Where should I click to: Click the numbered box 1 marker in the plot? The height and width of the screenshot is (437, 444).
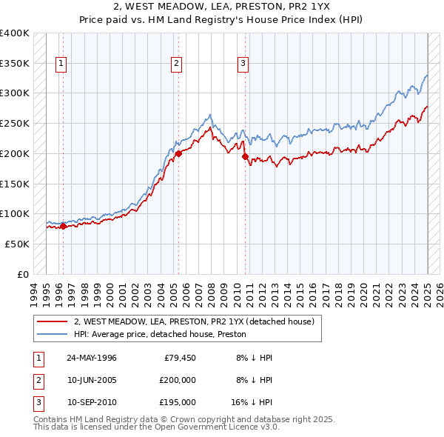pyautogui.click(x=60, y=64)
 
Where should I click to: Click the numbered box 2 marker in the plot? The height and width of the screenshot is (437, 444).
pyautogui.click(x=177, y=64)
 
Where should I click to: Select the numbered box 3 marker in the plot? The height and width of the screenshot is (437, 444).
pyautogui.click(x=243, y=64)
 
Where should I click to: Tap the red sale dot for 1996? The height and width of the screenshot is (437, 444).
pyautogui.click(x=63, y=227)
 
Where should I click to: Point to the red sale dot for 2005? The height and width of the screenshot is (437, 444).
pyautogui.click(x=178, y=154)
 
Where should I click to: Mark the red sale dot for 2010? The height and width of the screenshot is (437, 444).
pyautogui.click(x=244, y=156)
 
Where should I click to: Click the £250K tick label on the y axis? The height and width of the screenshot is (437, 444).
pyautogui.click(x=15, y=123)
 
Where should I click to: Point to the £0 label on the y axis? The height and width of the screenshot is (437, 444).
pyautogui.click(x=23, y=274)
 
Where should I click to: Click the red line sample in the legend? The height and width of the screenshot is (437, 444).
pyautogui.click(x=53, y=321)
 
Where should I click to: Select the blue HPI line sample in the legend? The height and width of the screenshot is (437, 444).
pyautogui.click(x=53, y=334)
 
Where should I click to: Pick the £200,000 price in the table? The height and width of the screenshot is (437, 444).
pyautogui.click(x=177, y=380)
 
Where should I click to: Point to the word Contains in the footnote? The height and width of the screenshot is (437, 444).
pyautogui.click(x=51, y=419)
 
